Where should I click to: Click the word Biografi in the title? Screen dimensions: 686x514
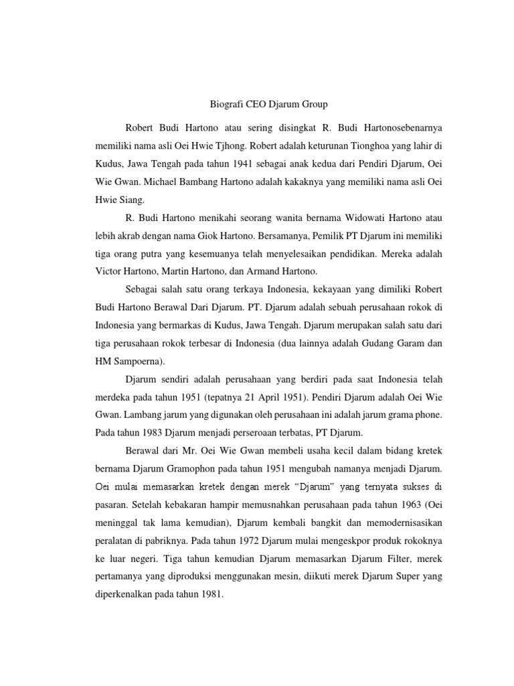tap(222, 105)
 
